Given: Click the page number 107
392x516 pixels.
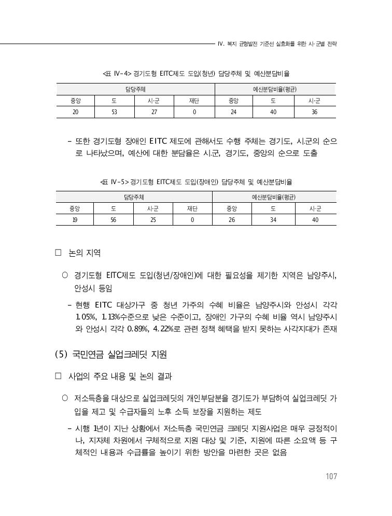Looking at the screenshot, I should pos(330,477).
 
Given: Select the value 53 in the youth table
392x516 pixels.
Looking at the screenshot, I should pos(114,112).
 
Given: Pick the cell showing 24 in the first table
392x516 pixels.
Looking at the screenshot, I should pos(233,112).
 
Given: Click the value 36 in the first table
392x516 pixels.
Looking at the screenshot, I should pos(314,112).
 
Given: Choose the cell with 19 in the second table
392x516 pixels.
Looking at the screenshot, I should pos(74,220).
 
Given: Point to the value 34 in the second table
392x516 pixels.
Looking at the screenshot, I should pos(273,220).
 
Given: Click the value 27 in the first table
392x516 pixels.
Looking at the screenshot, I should pos(153,112).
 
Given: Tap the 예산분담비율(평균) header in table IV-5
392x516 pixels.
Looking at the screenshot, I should pos(274,197).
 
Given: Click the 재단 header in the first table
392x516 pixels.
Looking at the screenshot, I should pos(193,101).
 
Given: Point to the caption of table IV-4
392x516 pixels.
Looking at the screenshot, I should pos(196,74).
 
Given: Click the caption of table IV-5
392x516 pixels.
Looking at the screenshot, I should pos(196,182).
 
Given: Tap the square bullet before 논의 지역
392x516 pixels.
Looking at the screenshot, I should pos(58,253).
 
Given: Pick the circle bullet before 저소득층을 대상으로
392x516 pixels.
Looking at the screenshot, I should pos(65,398).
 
